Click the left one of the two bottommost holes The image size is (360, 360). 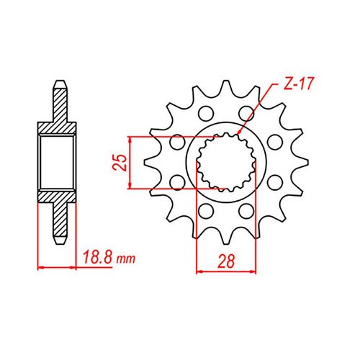click(204, 211)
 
